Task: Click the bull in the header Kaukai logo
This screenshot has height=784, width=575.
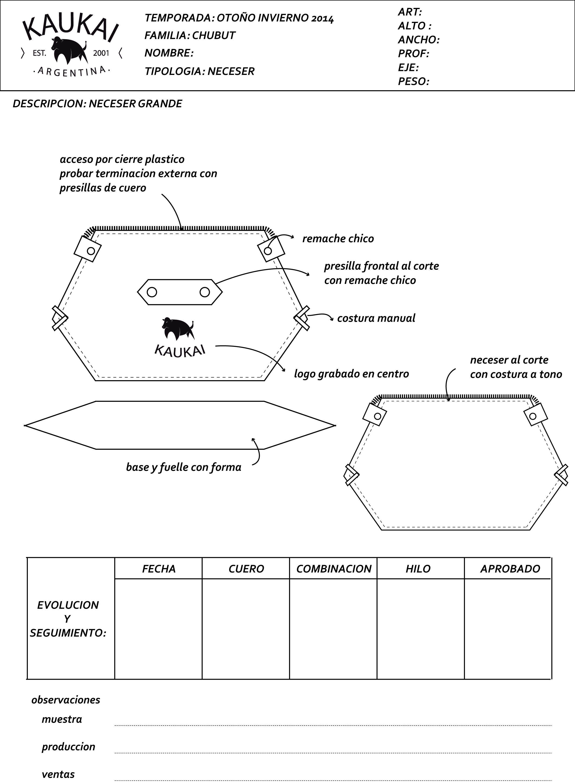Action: click(69, 51)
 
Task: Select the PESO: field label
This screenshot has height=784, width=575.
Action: click(413, 81)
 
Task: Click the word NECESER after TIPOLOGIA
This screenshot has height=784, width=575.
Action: click(231, 71)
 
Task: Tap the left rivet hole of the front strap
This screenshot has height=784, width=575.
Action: click(152, 292)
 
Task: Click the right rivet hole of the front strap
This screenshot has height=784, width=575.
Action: click(205, 292)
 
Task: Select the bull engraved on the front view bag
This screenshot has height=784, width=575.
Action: click(178, 328)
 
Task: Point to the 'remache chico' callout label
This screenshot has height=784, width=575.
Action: click(338, 239)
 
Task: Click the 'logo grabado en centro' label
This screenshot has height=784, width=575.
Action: click(351, 374)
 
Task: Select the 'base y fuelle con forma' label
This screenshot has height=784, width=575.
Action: click(183, 467)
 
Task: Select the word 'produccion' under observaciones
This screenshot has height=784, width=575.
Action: click(68, 747)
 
